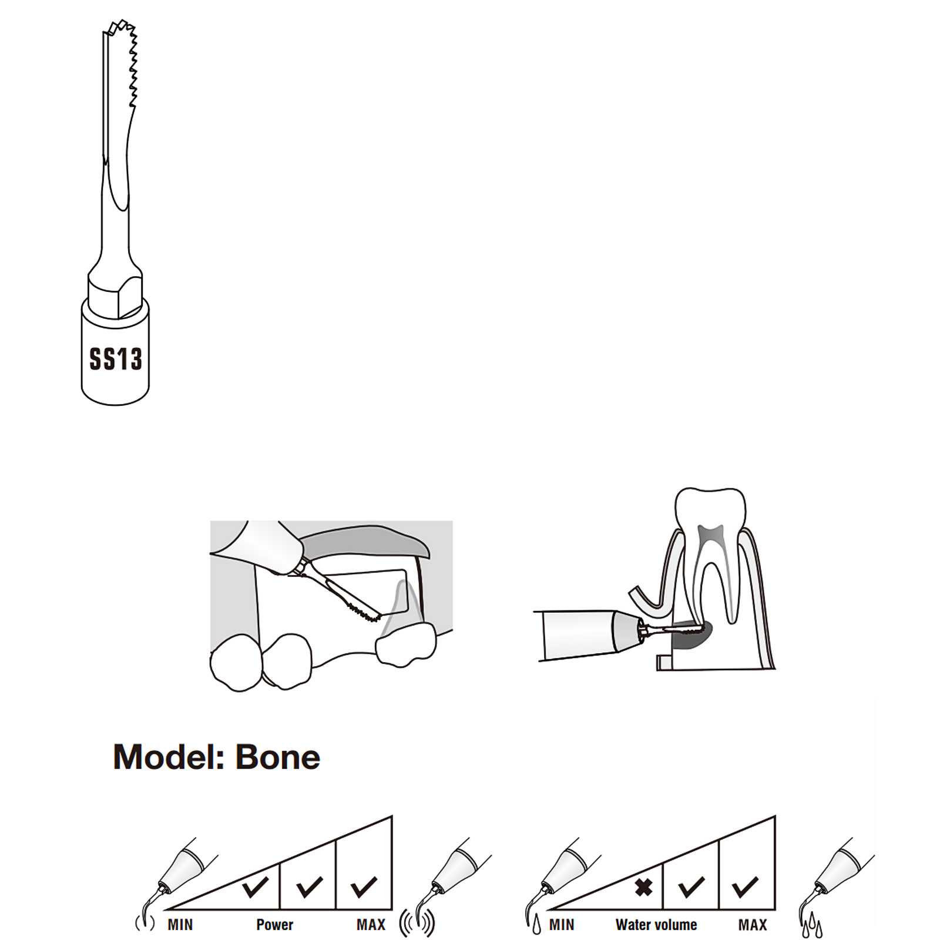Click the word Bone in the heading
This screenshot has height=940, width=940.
tap(278, 757)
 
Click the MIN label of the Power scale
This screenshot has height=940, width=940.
tap(180, 925)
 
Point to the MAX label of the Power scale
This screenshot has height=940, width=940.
tap(371, 925)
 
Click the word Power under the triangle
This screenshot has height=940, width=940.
tap(274, 925)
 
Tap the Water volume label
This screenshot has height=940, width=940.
tap(656, 925)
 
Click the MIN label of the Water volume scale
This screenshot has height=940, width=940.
tap(562, 925)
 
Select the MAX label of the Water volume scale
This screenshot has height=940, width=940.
tap(753, 925)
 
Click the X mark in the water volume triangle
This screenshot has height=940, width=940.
tap(644, 887)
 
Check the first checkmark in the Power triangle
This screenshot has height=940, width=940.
tap(255, 887)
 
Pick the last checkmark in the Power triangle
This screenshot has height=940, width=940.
tap(364, 887)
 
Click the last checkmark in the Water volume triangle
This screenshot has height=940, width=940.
tap(746, 887)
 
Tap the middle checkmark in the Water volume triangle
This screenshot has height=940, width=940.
tap(691, 887)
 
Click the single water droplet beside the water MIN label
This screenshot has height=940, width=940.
tap(536, 926)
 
